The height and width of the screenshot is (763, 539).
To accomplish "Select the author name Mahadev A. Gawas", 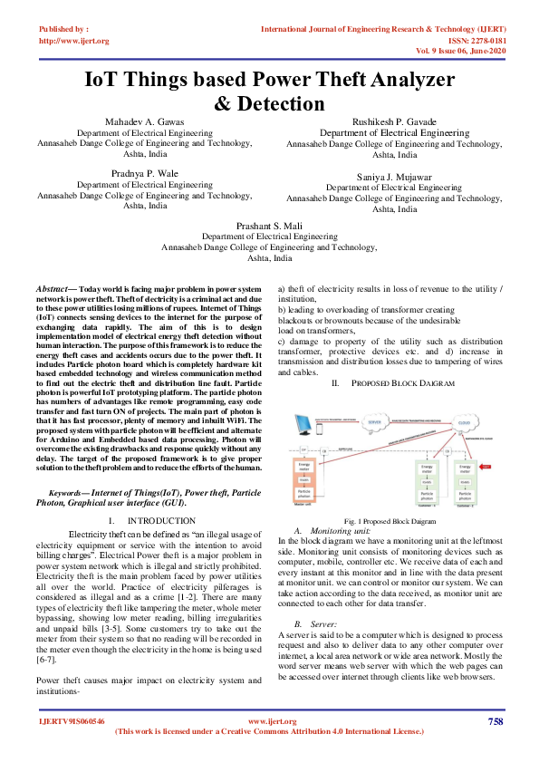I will click(144, 121).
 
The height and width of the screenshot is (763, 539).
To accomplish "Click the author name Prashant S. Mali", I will click(269, 225).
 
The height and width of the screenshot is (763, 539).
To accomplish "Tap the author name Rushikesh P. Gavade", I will click(393, 121).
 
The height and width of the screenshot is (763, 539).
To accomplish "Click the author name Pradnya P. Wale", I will click(145, 172).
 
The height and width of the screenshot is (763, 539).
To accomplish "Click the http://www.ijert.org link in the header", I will click(74, 41).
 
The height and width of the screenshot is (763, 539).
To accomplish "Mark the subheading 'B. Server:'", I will click(317, 600).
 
